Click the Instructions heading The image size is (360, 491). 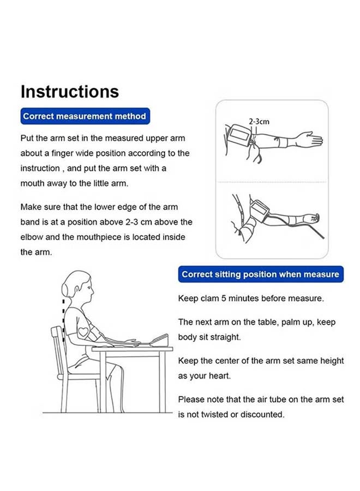(x=69, y=92)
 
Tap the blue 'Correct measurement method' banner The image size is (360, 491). (x=85, y=116)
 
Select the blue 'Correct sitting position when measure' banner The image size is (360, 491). (x=261, y=274)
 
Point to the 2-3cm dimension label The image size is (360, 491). (x=259, y=122)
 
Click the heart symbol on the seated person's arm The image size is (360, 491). (x=83, y=332)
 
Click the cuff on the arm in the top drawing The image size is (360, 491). (x=241, y=135)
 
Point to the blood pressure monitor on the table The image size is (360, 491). (x=160, y=340)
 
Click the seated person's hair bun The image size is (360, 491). (x=66, y=289)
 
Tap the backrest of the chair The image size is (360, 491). (x=58, y=348)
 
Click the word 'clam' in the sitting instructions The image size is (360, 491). (x=210, y=298)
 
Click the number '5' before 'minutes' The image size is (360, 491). (x=224, y=298)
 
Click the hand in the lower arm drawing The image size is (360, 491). (x=313, y=218)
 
